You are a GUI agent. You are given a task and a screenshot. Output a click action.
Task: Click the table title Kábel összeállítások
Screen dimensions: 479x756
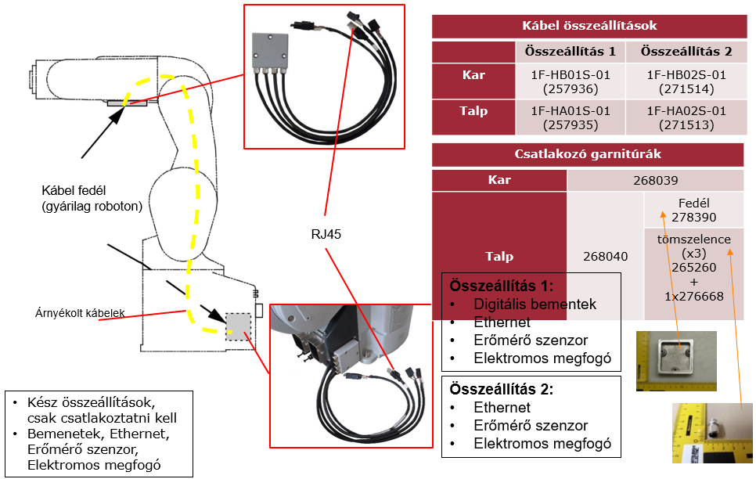pos(589,26)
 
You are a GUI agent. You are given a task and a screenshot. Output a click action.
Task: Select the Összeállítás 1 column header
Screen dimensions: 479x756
pos(570,52)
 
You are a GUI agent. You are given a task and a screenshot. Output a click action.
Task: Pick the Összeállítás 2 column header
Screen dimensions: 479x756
pos(686,52)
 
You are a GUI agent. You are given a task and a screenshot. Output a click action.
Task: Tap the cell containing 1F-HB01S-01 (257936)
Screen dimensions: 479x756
pos(570,82)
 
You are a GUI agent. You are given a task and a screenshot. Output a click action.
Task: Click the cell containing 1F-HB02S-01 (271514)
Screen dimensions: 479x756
pos(686,82)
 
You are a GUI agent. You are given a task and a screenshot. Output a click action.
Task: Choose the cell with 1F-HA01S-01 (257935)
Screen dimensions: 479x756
pos(570,117)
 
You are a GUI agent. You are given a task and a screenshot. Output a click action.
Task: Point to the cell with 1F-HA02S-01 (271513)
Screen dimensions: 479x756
pos(686,117)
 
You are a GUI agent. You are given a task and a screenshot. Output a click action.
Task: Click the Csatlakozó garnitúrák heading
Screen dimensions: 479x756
pos(589,154)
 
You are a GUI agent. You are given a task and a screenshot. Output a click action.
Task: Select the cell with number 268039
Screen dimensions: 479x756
pos(655,180)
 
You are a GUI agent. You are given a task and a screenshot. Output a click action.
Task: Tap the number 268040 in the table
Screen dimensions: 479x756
pos(605,256)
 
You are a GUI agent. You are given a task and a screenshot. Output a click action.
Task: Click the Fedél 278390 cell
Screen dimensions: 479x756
pos(693,210)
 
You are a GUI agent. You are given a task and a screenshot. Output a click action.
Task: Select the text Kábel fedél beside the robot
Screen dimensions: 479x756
pos(74,190)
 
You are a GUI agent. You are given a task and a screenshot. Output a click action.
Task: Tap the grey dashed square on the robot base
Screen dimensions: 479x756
pos(238,326)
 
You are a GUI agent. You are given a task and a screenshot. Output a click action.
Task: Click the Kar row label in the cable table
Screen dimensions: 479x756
pos(473,75)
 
